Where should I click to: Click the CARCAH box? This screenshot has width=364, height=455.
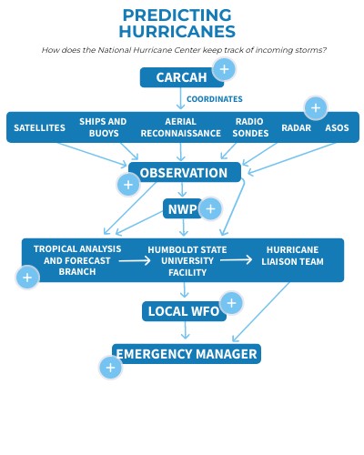(x=181, y=77)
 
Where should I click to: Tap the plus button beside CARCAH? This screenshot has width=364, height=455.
(x=224, y=68)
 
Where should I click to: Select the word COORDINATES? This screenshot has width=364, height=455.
(x=215, y=99)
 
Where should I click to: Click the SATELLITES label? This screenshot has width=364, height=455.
(x=39, y=128)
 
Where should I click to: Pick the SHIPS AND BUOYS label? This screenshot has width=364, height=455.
(x=103, y=127)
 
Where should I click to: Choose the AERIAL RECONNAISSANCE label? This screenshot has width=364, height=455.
(x=180, y=127)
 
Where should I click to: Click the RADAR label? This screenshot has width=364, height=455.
(x=296, y=128)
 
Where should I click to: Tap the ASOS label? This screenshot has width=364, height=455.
(x=337, y=128)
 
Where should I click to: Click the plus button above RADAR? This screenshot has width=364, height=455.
(x=315, y=108)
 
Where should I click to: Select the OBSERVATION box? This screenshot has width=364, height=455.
(x=184, y=173)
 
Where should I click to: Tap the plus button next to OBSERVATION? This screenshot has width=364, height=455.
(x=128, y=185)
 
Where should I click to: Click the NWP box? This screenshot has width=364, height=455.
(x=181, y=208)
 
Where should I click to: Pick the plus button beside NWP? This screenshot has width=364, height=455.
(x=210, y=209)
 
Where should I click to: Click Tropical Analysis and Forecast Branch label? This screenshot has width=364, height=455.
(x=77, y=260)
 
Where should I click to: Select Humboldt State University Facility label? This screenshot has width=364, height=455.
(x=187, y=260)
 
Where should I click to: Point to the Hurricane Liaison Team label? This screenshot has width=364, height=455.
(x=292, y=256)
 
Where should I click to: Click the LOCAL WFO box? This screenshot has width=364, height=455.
(x=184, y=311)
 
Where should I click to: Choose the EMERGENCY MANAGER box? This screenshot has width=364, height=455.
(x=187, y=354)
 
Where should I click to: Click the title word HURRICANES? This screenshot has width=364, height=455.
(x=177, y=32)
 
